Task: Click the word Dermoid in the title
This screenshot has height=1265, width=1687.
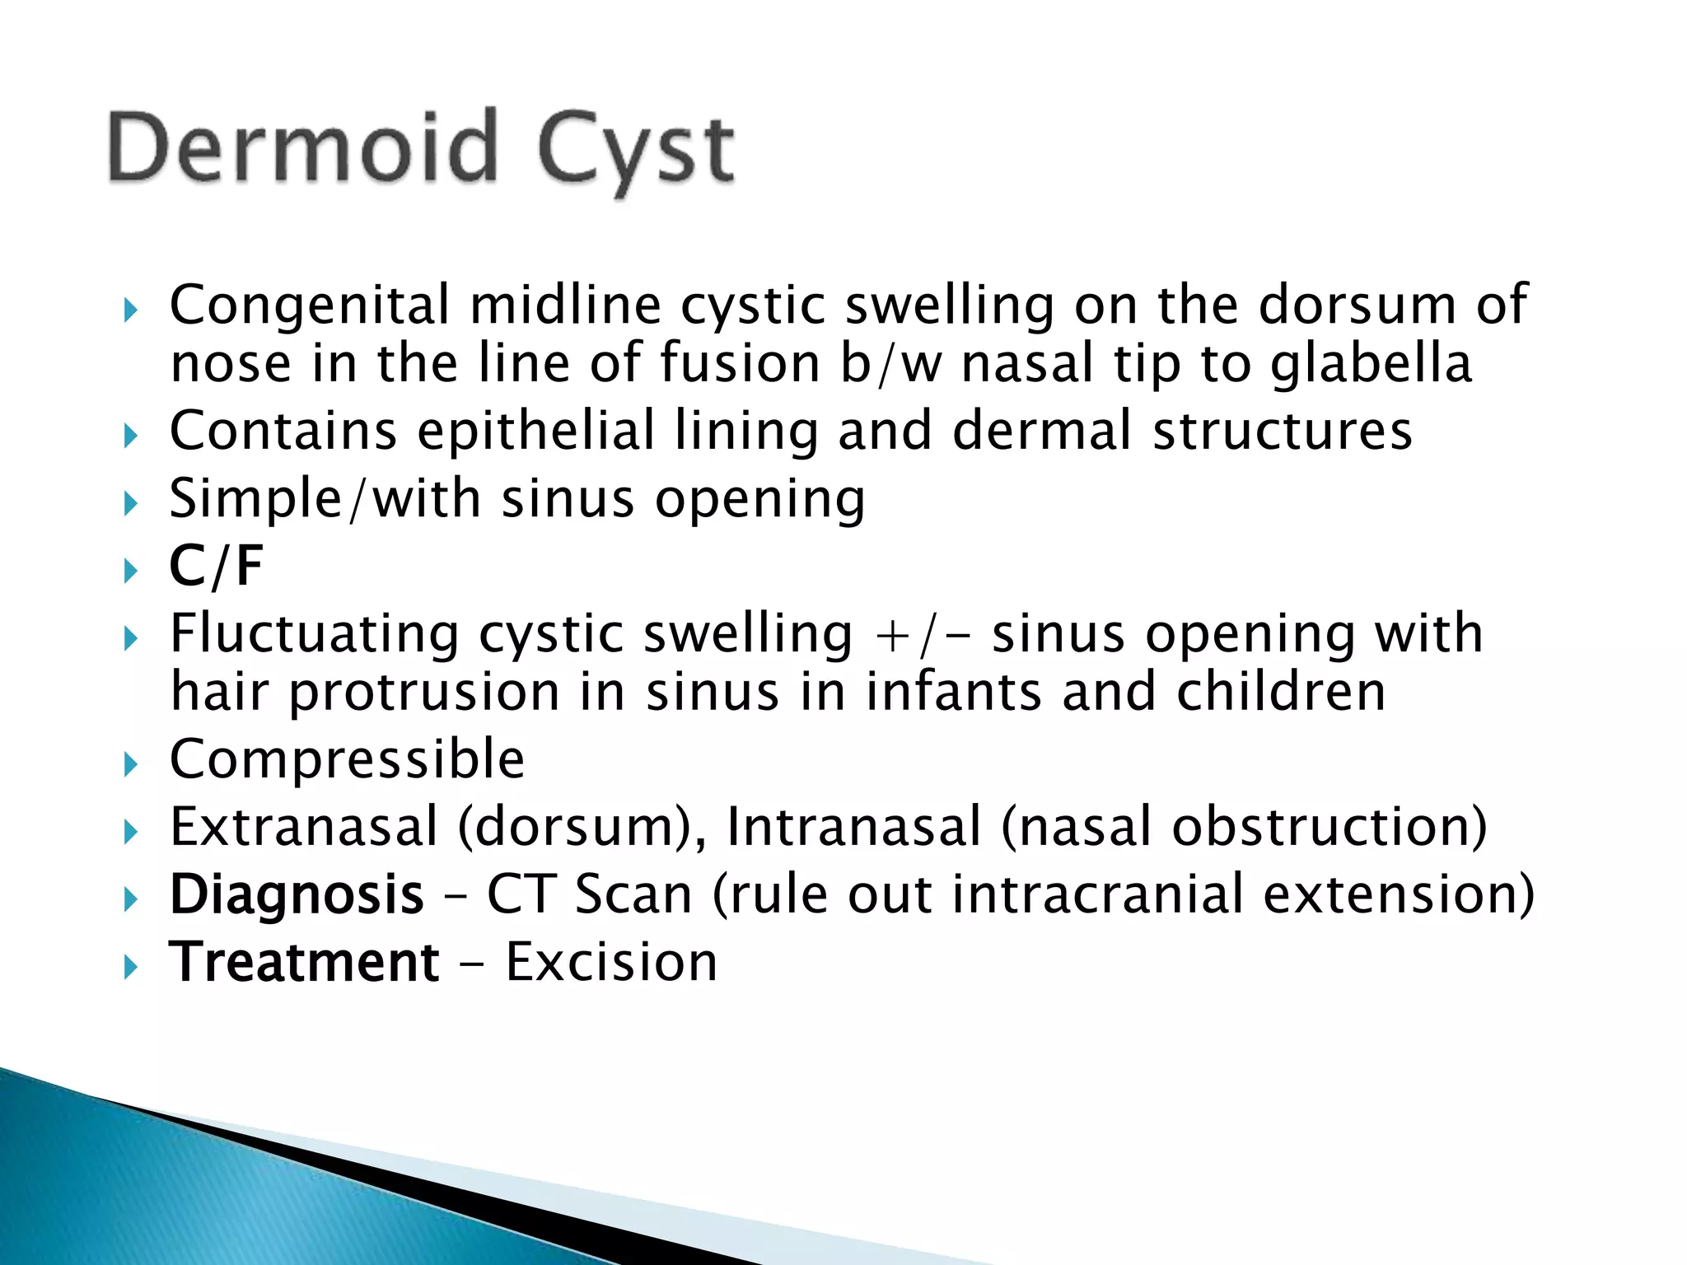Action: coord(303,148)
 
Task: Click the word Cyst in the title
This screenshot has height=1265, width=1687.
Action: coord(634,152)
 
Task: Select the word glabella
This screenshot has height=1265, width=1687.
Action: coord(1371,364)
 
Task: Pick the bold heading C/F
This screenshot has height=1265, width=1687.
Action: coord(216,567)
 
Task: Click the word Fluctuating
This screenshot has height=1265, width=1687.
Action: coord(314,634)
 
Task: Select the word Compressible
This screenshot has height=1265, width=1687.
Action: coord(347,759)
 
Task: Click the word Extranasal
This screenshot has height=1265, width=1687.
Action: coord(303,827)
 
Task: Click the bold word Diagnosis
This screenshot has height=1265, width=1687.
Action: coord(297,895)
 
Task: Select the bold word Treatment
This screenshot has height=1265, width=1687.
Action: coord(304,962)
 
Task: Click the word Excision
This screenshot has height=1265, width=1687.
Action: coord(611,962)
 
